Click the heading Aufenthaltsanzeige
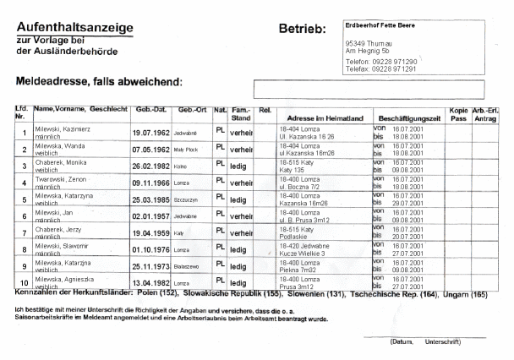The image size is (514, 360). pos(74,28)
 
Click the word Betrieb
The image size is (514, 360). pos(302,30)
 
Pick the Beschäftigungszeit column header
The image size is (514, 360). pos(409,111)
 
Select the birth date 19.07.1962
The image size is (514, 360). pos(151,133)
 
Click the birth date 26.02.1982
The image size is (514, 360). pos(151,166)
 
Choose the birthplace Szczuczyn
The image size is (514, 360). pos(188,199)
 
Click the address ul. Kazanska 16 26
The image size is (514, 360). pos(309,135)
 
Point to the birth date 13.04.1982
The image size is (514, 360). pos(151,282)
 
